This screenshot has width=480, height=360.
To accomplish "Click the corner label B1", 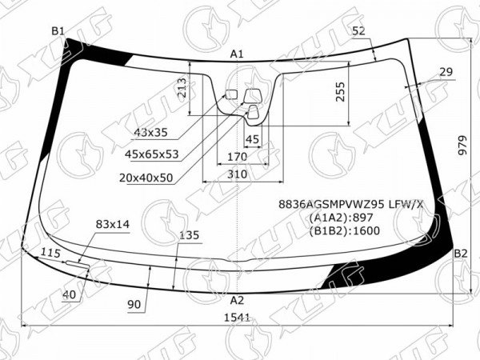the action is point(58,31).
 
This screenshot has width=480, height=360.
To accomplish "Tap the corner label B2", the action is point(461,254).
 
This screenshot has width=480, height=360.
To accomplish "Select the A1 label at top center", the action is point(237,54).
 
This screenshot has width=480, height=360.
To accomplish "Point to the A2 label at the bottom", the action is point(237,300).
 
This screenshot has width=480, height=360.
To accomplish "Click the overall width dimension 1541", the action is point(238,318).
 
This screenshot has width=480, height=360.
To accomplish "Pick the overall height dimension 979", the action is point(463,145).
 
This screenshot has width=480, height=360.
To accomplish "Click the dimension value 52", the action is point(358,31).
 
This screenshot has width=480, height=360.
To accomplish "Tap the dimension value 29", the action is point(446,72).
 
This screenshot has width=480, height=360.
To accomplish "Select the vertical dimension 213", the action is point(182,88).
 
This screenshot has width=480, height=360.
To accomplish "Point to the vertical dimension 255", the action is point(340,91).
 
